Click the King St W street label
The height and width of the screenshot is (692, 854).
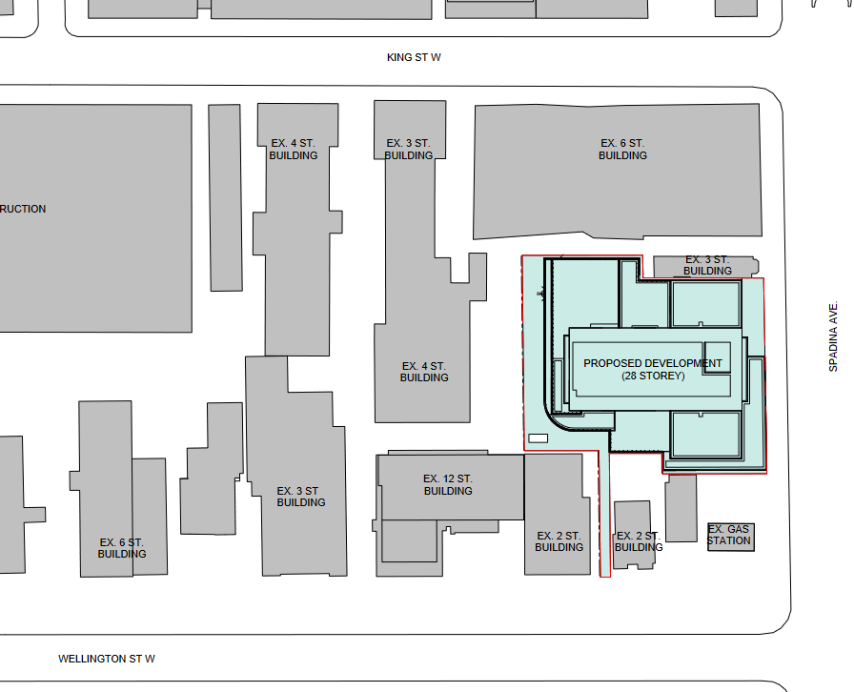point(414,57)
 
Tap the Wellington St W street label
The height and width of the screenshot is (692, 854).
point(107,659)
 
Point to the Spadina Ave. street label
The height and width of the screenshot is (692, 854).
point(833,336)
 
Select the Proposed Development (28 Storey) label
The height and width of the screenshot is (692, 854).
point(653,370)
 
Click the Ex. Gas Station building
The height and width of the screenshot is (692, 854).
point(731,537)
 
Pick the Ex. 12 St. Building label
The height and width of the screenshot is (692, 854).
point(448,484)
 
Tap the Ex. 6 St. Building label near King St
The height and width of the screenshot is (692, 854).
point(622,150)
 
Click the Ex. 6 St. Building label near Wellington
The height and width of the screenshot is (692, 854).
point(122,548)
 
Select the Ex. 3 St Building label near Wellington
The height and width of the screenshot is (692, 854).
point(300,497)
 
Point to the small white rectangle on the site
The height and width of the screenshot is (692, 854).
point(539,438)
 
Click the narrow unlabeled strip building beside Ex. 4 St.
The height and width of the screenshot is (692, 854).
point(226,198)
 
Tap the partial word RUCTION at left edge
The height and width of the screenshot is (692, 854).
point(23,209)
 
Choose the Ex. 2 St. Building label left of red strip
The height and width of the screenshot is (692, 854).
point(559,541)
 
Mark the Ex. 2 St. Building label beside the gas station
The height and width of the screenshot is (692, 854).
point(639,541)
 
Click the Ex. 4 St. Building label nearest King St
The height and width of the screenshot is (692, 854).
point(293,150)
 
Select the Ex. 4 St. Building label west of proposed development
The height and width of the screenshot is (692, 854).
point(424,372)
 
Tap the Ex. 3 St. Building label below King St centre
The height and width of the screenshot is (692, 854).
point(409,150)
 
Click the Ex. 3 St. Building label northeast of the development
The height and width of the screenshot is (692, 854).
point(707,265)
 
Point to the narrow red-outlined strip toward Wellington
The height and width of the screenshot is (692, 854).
point(604,513)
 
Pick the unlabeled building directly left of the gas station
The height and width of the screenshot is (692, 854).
point(681,507)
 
